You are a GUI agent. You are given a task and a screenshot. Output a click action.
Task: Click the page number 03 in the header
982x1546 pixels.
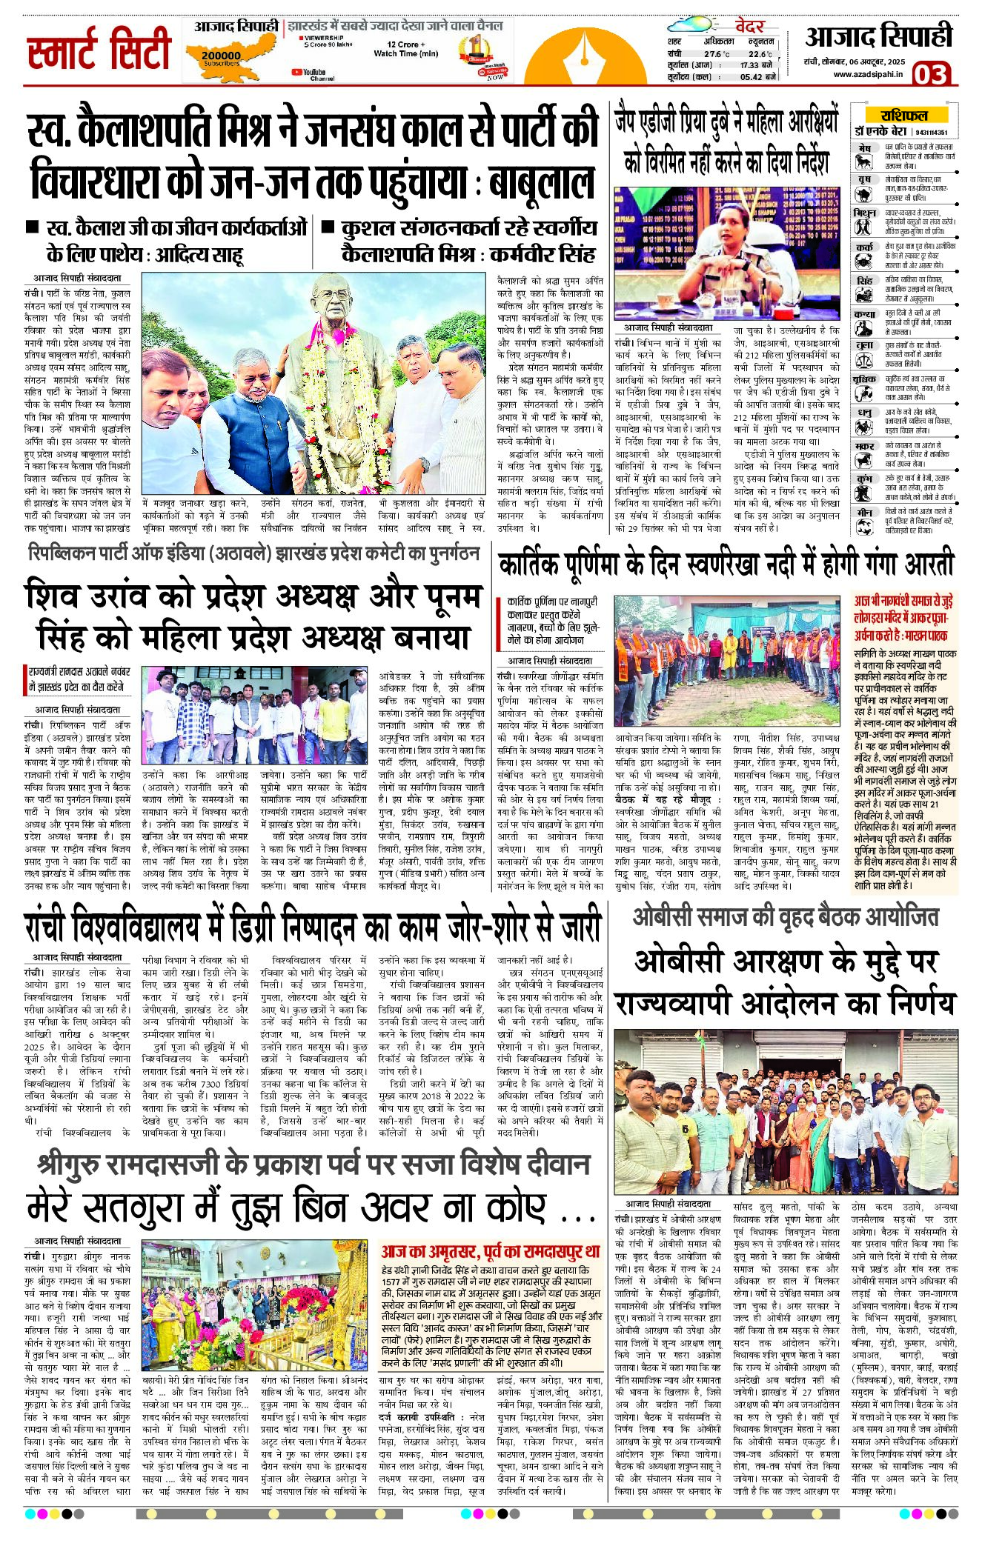[930, 74]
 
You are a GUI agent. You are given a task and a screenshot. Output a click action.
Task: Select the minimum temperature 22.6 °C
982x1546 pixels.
[760, 54]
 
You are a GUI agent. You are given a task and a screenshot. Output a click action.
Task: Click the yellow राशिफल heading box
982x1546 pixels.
[903, 115]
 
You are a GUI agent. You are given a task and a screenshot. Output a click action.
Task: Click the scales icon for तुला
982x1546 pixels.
[863, 357]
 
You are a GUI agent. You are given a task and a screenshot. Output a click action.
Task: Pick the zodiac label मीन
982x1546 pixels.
[864, 512]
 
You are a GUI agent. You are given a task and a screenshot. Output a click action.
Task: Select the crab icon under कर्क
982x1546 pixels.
[863, 261]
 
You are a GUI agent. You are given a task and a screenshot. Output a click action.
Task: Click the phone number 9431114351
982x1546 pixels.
[932, 132]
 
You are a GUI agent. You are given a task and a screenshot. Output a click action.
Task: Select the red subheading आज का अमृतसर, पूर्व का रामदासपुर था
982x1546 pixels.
[490, 1251]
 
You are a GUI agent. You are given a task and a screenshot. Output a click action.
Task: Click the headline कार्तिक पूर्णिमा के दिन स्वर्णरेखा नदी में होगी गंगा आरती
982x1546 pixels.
[727, 565]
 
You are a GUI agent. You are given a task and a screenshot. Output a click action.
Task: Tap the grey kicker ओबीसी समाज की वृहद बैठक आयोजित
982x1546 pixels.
[785, 918]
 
